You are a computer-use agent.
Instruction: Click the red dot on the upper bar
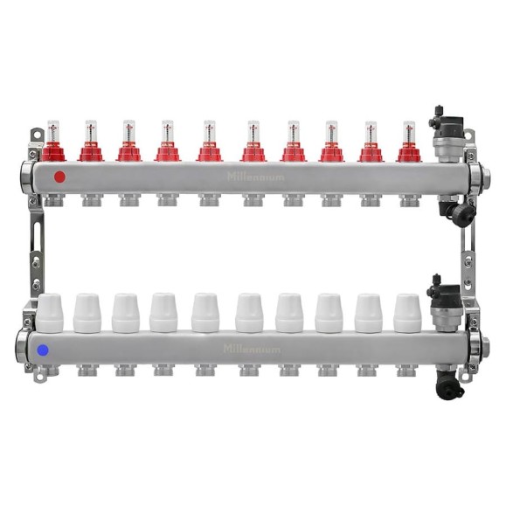tap(59, 177)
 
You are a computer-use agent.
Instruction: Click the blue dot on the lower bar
tap(43, 350)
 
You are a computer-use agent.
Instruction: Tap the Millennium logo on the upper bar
tap(255, 177)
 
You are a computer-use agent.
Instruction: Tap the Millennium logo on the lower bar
tap(252, 349)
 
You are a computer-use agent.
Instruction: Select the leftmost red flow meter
tap(53, 141)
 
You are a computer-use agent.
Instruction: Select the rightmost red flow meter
tap(409, 142)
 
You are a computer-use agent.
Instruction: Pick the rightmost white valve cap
tap(407, 313)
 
